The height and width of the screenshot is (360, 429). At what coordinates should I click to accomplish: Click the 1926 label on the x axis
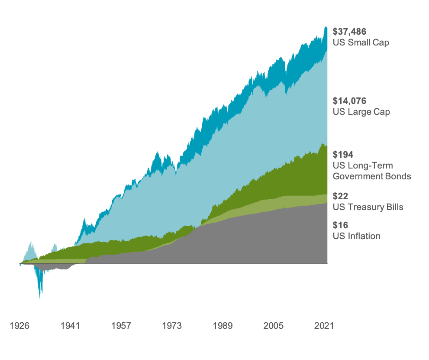[x=19, y=325]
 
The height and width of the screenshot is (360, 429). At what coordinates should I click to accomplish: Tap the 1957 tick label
[x=121, y=325]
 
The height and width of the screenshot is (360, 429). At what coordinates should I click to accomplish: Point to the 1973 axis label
[x=172, y=325]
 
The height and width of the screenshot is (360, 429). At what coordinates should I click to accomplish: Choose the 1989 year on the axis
[x=223, y=325]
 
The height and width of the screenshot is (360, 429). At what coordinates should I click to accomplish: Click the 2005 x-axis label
[x=274, y=325]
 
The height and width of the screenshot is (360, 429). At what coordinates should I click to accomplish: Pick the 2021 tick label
[x=324, y=325]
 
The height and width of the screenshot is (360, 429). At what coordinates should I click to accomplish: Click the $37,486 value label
[x=349, y=32]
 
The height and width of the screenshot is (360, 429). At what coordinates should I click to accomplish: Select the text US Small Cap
[x=361, y=42]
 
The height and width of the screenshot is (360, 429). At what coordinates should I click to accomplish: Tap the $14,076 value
[x=349, y=101]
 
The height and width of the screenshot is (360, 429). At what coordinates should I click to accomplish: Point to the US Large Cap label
[x=361, y=112]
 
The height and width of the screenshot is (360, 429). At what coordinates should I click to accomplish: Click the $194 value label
[x=343, y=154]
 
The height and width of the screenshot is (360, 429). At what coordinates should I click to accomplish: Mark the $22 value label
[x=340, y=196]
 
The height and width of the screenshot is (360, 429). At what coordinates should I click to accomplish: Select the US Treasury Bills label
[x=368, y=207]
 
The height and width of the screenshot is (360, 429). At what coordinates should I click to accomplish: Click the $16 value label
[x=340, y=225]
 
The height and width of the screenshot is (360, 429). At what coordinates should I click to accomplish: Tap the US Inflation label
[x=356, y=236]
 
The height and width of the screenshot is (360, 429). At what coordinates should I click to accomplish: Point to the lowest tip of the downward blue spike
[x=40, y=300]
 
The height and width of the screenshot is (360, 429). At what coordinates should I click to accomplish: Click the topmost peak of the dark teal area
[x=326, y=27]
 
